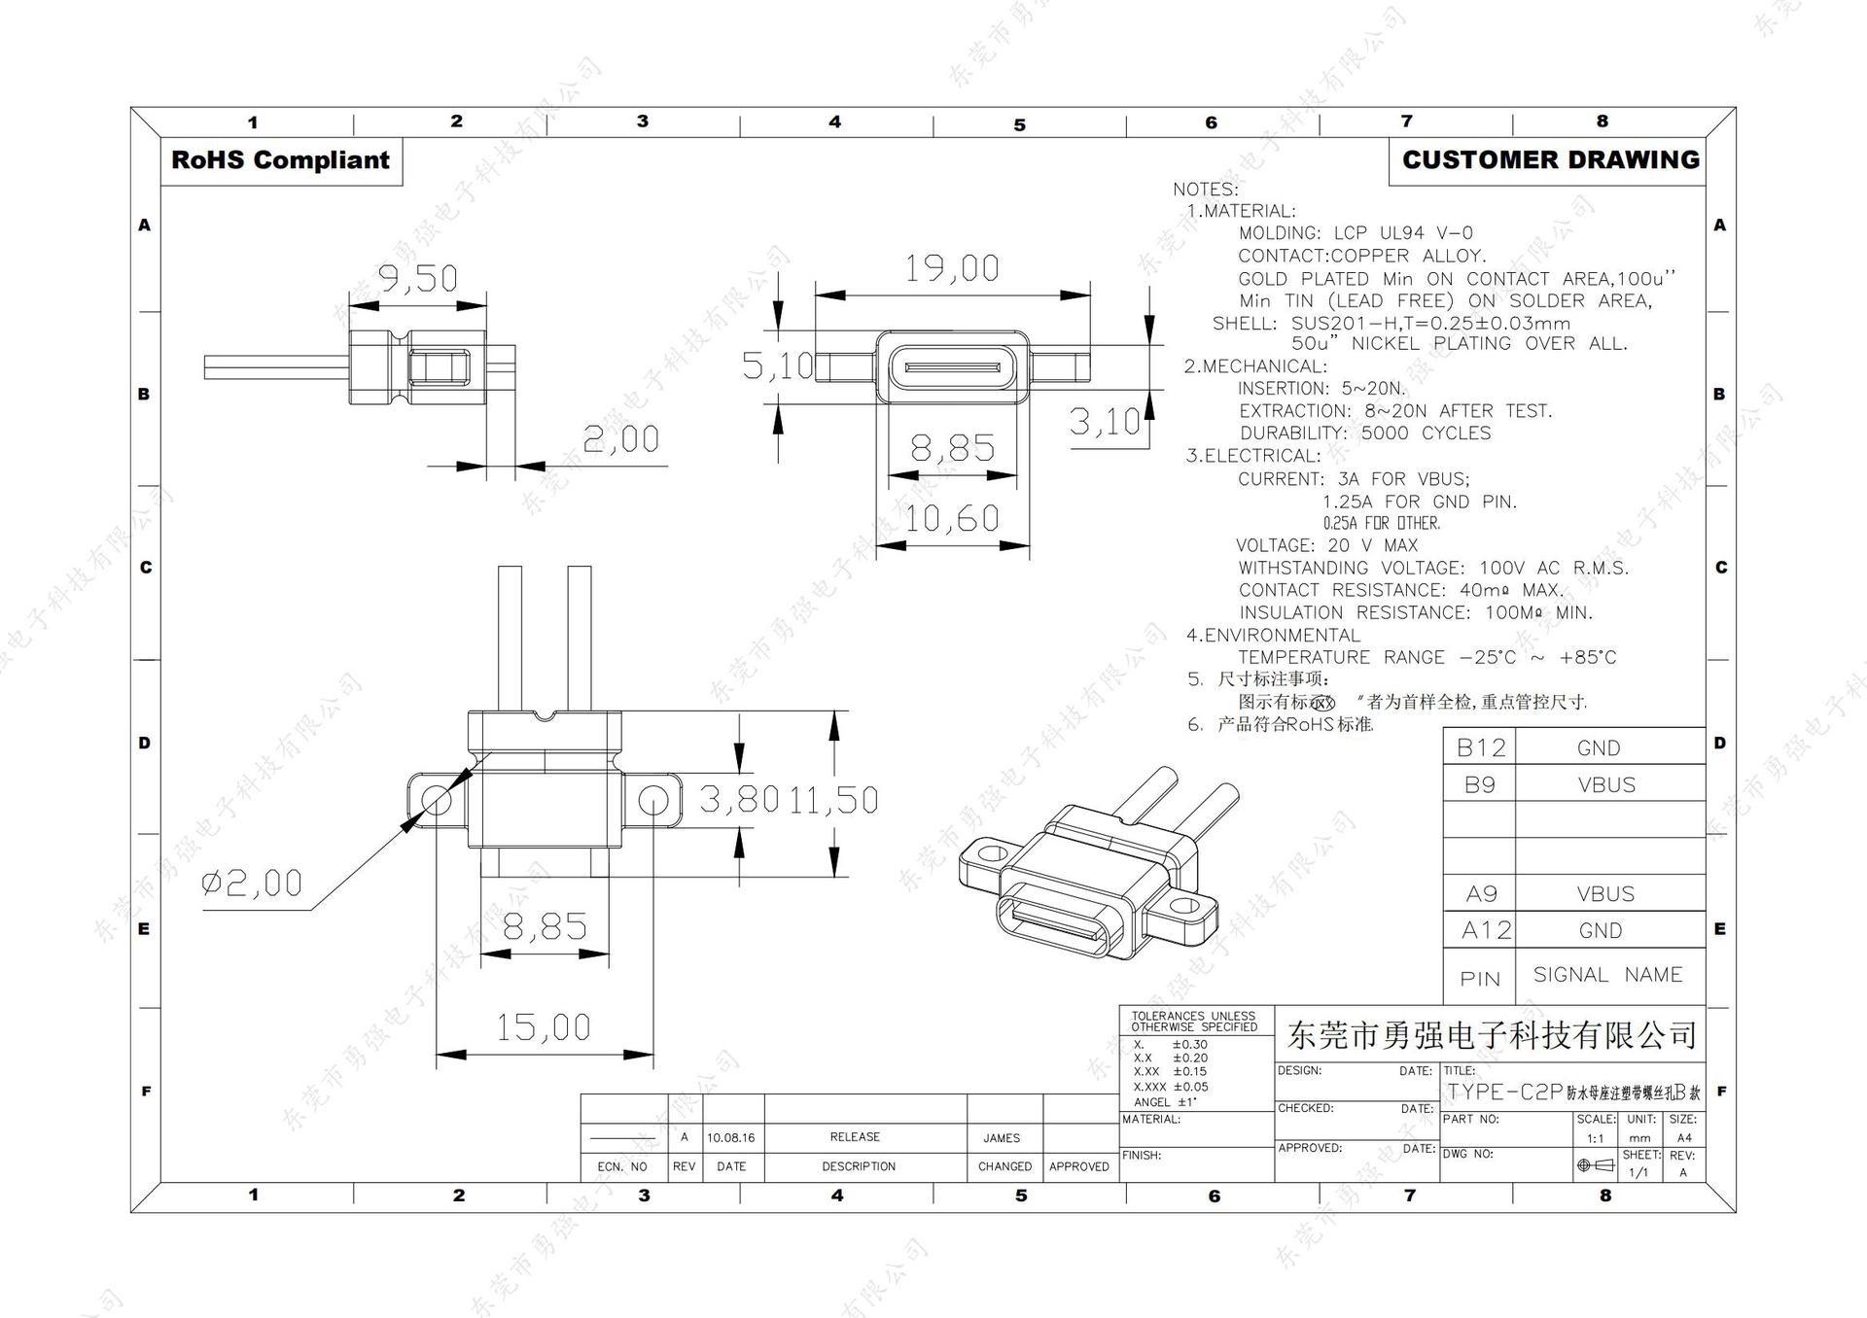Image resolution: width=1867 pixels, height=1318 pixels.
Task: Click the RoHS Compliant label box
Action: click(x=280, y=160)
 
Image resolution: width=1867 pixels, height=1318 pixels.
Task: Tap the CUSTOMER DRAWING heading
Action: click(x=1550, y=160)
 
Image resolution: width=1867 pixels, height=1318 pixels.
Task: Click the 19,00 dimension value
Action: click(x=951, y=268)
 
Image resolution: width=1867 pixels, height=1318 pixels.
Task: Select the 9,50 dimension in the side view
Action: click(x=417, y=279)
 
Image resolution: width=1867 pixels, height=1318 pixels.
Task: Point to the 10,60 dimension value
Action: click(x=951, y=518)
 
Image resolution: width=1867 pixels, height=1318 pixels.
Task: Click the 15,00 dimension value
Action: click(x=543, y=1027)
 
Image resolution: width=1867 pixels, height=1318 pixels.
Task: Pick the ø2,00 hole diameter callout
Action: click(x=252, y=883)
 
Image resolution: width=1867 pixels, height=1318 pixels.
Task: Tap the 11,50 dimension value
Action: click(x=833, y=800)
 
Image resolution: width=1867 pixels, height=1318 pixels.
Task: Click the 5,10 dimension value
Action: click(x=776, y=365)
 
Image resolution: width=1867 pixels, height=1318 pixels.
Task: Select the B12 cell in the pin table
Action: click(x=1480, y=747)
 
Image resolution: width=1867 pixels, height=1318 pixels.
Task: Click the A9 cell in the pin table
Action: click(x=1480, y=893)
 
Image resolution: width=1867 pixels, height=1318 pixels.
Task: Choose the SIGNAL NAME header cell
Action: click(x=1607, y=975)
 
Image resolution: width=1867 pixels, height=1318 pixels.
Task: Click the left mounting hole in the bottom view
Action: click(x=437, y=801)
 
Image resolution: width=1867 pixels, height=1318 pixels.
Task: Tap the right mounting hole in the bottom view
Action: click(x=652, y=801)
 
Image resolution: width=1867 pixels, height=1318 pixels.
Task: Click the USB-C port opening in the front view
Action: click(x=952, y=368)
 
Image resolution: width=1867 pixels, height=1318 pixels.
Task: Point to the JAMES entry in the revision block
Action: click(x=1002, y=1137)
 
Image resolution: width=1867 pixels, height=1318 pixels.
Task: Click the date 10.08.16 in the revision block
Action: click(x=731, y=1137)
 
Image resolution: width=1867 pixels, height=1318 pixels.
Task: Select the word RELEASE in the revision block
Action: click(x=855, y=1136)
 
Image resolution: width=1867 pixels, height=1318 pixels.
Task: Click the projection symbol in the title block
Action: click(x=1596, y=1164)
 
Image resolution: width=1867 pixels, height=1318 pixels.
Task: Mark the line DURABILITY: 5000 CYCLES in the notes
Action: click(x=1364, y=434)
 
